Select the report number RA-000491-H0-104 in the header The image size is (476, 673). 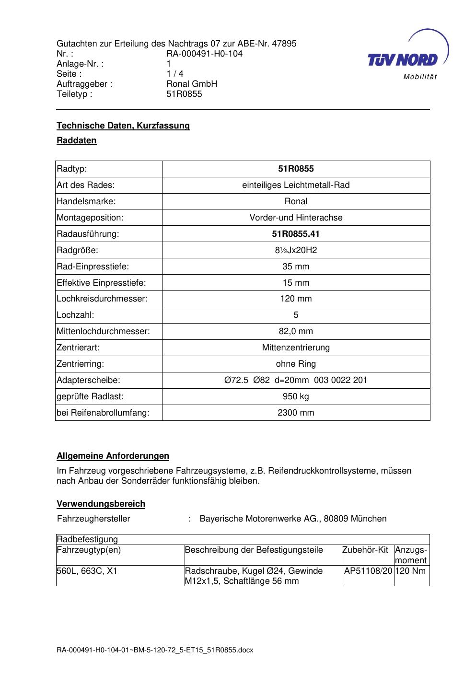click(204, 54)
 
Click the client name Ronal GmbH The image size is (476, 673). click(192, 84)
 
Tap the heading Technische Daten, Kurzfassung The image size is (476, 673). click(123, 126)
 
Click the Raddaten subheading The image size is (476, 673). click(77, 140)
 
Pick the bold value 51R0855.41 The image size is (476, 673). click(296, 234)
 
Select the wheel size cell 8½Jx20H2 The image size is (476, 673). click(296, 250)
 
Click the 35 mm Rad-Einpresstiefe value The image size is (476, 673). click(296, 267)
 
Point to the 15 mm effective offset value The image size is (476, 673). click(296, 283)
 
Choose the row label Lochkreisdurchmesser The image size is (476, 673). click(102, 299)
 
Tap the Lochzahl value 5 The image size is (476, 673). click(296, 315)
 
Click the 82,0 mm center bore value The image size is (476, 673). click(296, 331)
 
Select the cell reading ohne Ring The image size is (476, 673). click(296, 364)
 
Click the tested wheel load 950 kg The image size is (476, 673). click(296, 396)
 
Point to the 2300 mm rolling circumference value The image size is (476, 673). click(296, 413)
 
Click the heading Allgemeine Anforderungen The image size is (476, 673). click(113, 456)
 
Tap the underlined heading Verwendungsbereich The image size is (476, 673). click(101, 504)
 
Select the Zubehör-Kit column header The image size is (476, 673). click(365, 550)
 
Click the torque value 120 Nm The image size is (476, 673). click(411, 571)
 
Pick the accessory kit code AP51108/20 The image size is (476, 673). click(368, 571)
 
